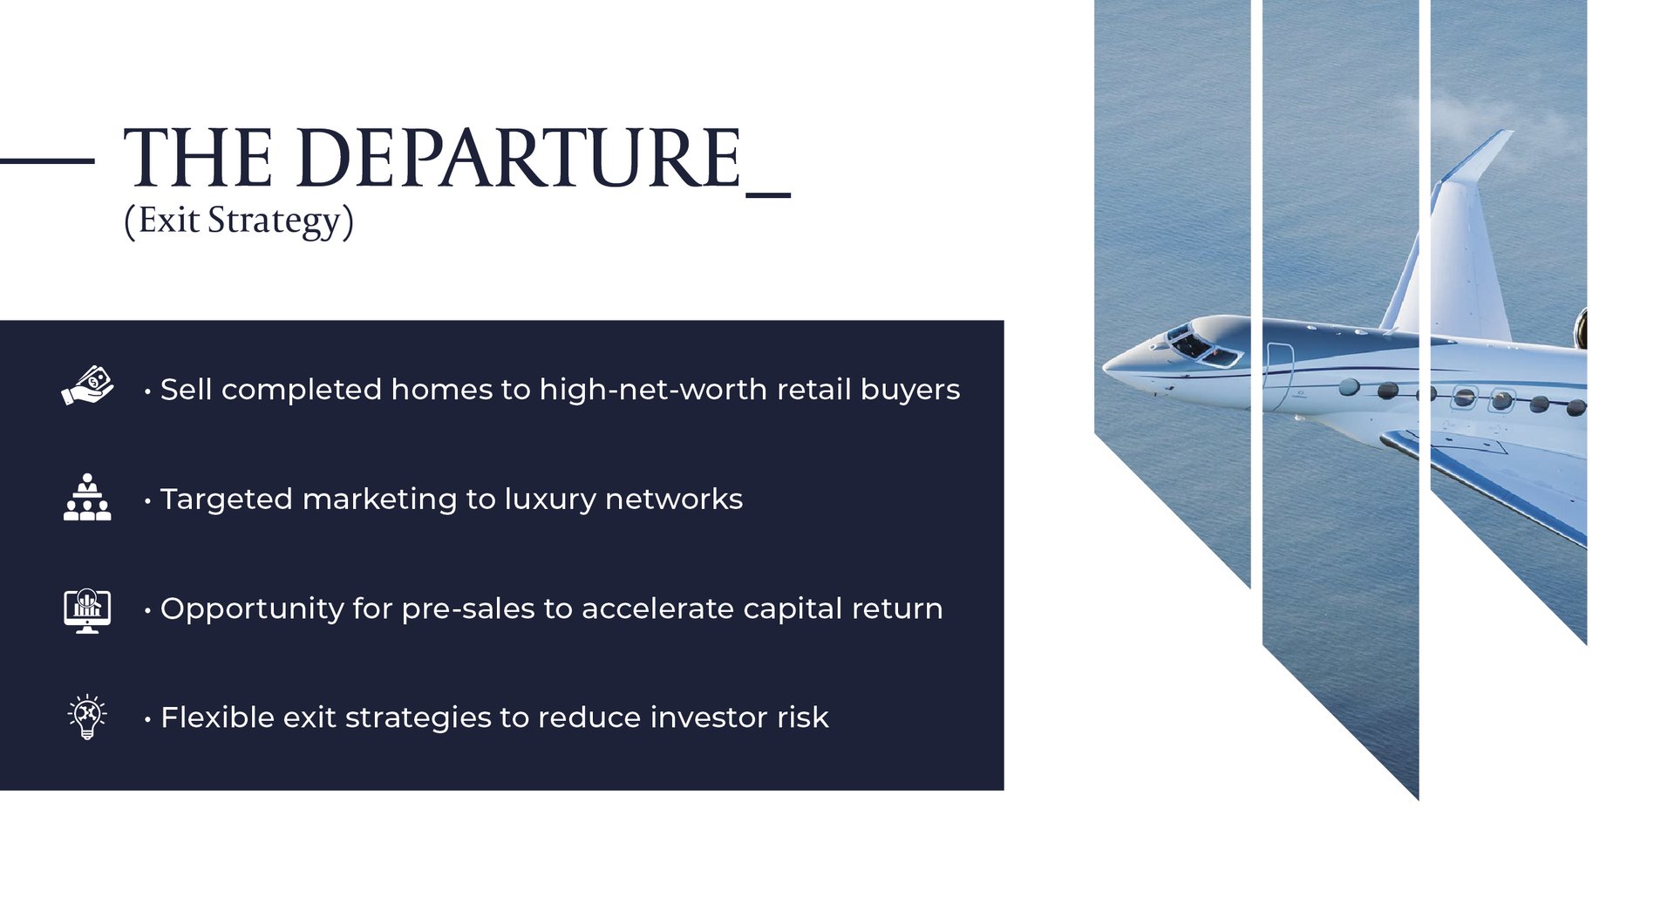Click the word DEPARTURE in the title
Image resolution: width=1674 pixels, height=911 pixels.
pyautogui.click(x=520, y=158)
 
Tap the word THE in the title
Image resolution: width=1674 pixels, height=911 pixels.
pyautogui.click(x=198, y=158)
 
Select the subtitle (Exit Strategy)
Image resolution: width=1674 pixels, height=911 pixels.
pyautogui.click(x=239, y=221)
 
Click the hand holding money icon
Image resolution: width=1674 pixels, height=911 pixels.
pyautogui.click(x=87, y=386)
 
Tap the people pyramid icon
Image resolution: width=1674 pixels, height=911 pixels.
pyautogui.click(x=87, y=497)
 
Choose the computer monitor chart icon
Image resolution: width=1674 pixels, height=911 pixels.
pyautogui.click(x=87, y=610)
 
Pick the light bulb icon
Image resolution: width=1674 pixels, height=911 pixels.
pyautogui.click(x=87, y=717)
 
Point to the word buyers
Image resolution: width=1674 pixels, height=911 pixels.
pyautogui.click(x=910, y=391)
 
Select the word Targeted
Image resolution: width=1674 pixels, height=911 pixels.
pyautogui.click(x=227, y=500)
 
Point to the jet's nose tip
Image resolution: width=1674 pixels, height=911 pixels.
pyautogui.click(x=1104, y=365)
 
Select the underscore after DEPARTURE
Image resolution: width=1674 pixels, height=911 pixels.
pyautogui.click(x=768, y=195)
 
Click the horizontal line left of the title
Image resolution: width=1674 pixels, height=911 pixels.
pyautogui.click(x=47, y=160)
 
